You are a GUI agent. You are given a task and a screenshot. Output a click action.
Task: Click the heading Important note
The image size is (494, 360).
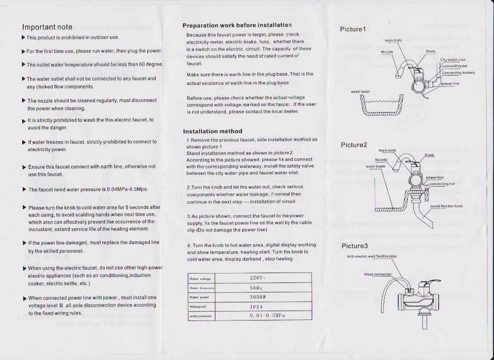coord(47,27)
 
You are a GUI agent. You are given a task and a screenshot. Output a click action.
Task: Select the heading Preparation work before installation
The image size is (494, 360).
coord(237,25)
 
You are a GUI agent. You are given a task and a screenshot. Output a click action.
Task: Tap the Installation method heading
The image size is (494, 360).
coord(212,131)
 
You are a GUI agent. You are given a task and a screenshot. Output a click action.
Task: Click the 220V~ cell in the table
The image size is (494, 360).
coord(258,278)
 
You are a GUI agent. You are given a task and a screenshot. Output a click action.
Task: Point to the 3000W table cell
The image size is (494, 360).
coord(258,297)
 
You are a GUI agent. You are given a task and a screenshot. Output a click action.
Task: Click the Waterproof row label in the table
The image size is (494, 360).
coord(198,307)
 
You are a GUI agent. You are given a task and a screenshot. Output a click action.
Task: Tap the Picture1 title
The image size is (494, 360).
coord(353,29)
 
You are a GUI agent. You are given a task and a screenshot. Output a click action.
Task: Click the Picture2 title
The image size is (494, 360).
coord(354,145)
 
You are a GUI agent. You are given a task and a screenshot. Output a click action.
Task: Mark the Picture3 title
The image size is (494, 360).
coord(355,246)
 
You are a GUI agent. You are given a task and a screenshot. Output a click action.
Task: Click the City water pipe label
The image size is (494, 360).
coord(453,60)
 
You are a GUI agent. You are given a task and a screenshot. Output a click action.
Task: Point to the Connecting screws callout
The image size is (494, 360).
coord(458,73)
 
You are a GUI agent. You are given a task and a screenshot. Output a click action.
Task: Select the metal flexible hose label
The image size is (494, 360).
coord(446,206)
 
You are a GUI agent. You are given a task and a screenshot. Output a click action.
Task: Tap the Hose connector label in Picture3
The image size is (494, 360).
coord(378,274)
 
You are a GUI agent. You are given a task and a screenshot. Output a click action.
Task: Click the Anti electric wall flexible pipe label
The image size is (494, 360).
coord(371,256)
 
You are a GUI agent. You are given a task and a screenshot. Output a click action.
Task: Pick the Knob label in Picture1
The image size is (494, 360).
coord(431,51)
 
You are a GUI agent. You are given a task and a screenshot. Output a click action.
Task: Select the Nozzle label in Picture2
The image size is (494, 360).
coord(381,160)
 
